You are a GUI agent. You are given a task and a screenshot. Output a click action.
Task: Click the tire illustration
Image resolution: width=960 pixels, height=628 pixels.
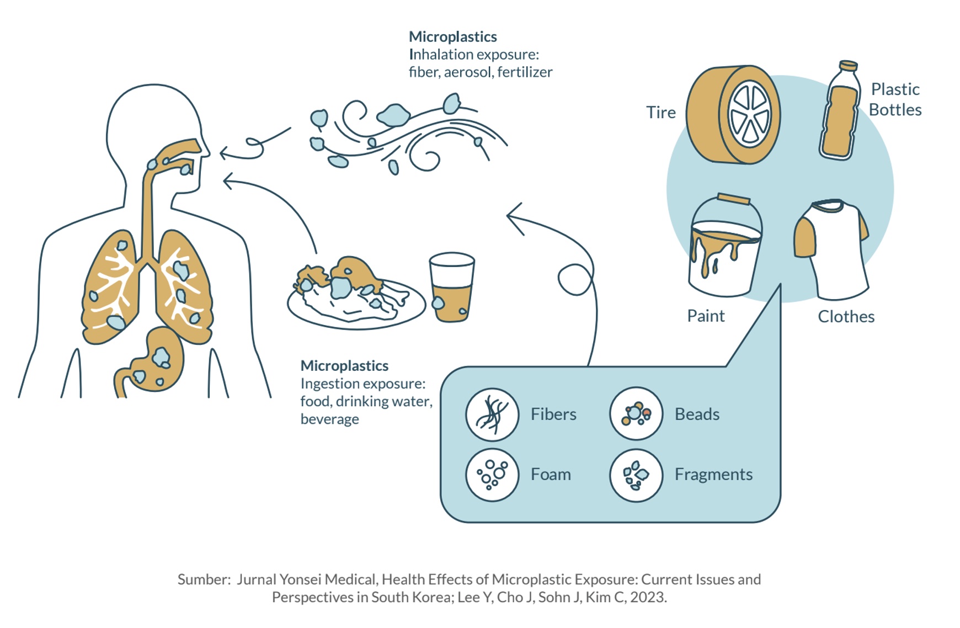733,115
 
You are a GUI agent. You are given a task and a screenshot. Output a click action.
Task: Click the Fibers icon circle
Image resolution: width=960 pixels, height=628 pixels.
492,414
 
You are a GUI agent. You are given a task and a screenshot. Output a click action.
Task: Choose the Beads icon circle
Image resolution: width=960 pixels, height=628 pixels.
636,414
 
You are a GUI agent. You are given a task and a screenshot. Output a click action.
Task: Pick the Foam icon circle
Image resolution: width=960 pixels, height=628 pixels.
492,475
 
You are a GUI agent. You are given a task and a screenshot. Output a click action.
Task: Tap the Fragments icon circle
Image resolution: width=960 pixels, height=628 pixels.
636,475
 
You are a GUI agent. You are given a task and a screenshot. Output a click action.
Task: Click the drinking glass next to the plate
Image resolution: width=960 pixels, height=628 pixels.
452,288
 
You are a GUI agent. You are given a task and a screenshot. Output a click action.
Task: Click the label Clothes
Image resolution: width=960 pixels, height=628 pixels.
846,317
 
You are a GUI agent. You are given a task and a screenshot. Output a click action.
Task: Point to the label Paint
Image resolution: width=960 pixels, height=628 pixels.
706,316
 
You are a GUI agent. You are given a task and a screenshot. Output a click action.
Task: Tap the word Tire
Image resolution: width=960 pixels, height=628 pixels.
661,113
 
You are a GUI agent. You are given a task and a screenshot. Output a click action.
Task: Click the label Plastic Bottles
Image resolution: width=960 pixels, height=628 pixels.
895,99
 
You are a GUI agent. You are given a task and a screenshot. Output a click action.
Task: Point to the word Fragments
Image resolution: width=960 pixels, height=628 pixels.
713,475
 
